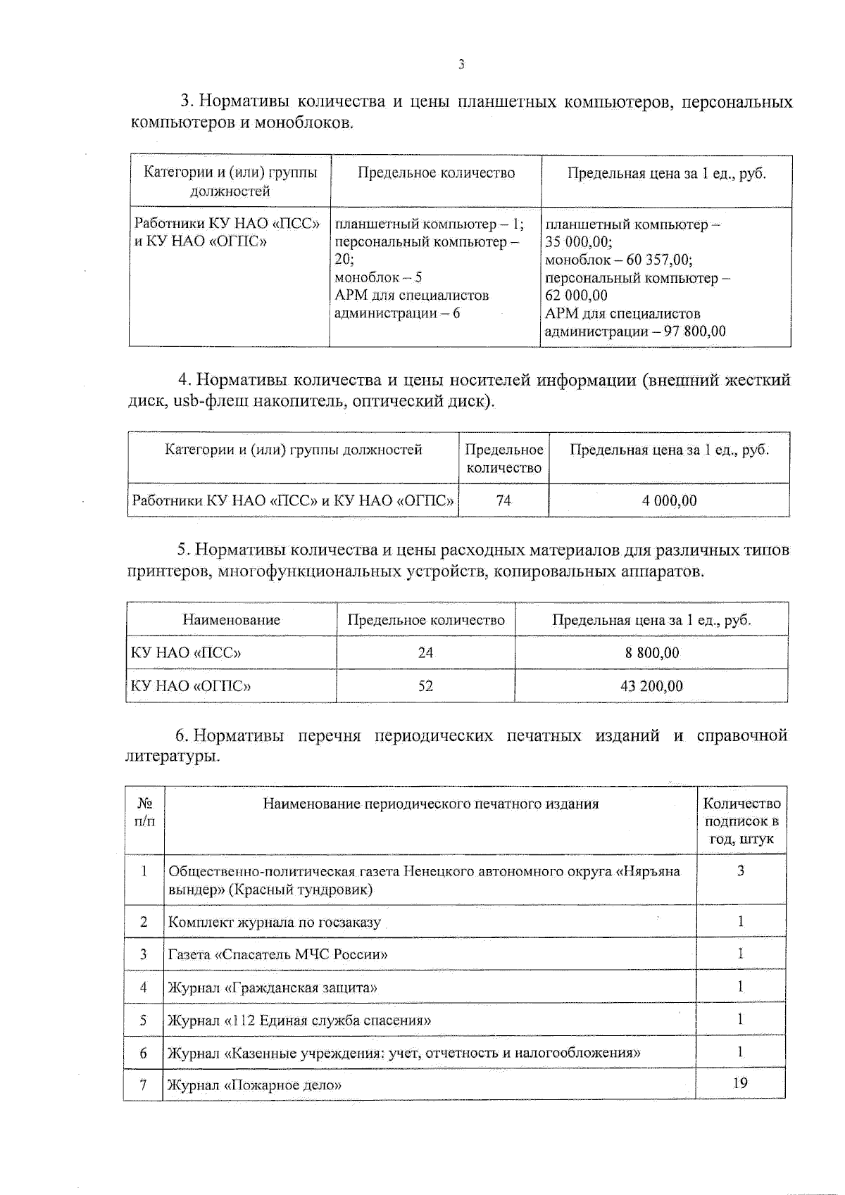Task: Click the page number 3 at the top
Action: point(461,65)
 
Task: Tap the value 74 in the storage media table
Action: point(503,500)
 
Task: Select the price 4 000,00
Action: point(669,500)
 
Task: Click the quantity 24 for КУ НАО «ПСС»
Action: point(425,652)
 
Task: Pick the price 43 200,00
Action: point(651,685)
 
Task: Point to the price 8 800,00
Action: point(652,652)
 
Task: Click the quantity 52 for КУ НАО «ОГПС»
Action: point(425,685)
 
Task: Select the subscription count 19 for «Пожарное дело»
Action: point(740,1083)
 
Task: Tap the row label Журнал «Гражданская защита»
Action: point(273,987)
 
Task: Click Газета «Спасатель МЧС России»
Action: point(278,954)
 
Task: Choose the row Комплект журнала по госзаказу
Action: point(275,922)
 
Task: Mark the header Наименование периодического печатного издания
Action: point(430,804)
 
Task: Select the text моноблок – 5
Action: point(378,277)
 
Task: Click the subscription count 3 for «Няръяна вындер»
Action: point(741,871)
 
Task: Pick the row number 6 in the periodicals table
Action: point(144,1053)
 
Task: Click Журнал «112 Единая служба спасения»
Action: point(299,1020)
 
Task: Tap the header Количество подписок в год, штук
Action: point(741,821)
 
